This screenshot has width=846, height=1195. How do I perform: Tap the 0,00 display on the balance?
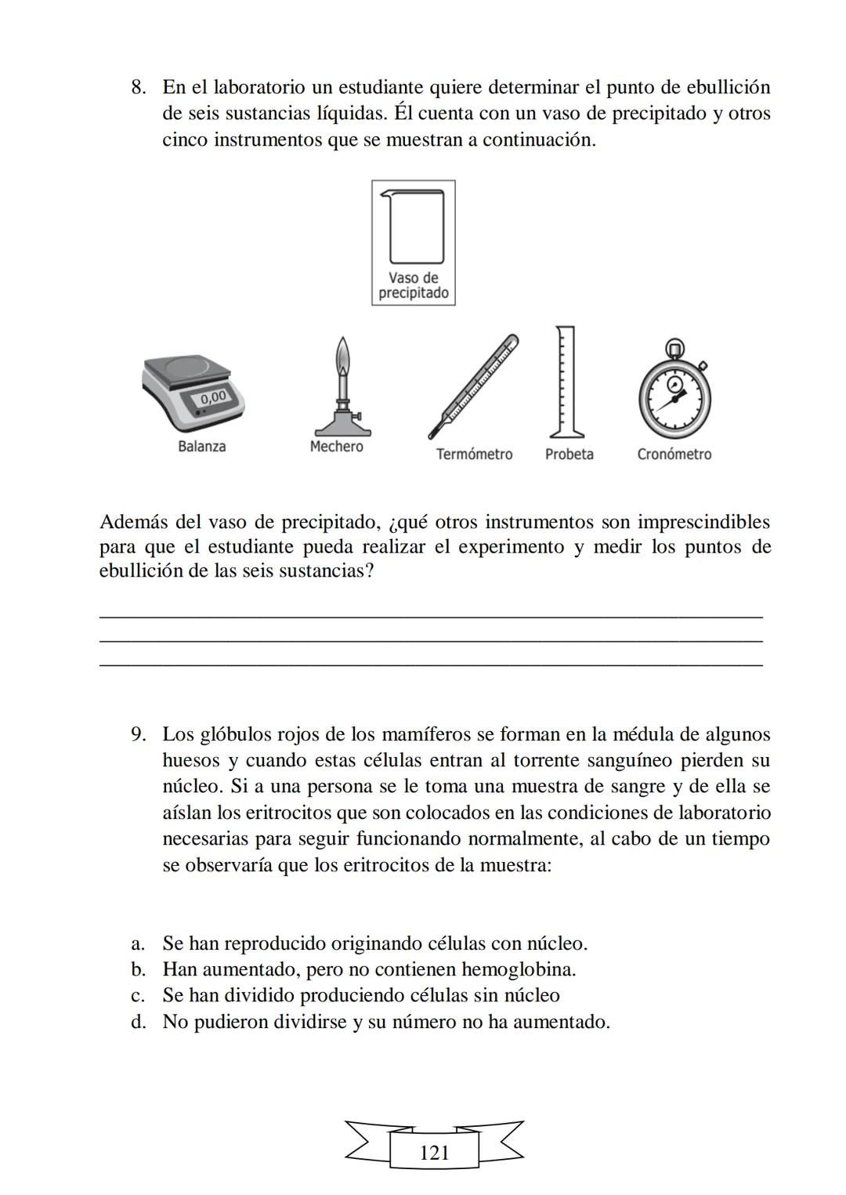[x=212, y=397]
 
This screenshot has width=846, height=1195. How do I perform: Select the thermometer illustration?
[x=473, y=386]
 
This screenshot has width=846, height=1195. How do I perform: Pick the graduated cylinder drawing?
[x=566, y=382]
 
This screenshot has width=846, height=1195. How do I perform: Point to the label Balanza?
[x=201, y=447]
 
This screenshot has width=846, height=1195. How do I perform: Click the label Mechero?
[x=336, y=447]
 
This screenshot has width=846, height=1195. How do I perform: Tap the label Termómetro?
[x=474, y=454]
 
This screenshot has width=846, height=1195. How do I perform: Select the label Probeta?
[x=569, y=454]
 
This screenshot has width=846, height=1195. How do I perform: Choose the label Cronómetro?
[x=674, y=454]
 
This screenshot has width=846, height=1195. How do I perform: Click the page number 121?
[x=434, y=1153]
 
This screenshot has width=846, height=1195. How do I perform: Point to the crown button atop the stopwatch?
[x=674, y=346]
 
